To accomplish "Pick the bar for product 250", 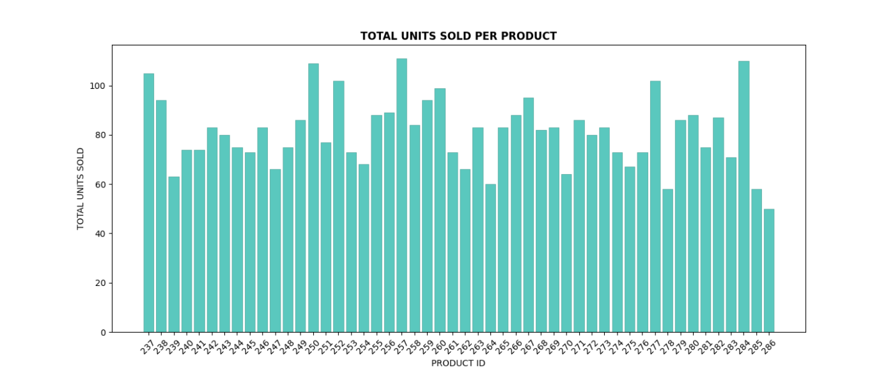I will [313, 198].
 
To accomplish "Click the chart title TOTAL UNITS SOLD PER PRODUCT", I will [458, 36].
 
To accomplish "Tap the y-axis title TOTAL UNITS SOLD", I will [81, 189].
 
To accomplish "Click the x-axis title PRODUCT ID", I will [458, 363].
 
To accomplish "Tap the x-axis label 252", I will [338, 346].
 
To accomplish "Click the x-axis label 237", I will [148, 346].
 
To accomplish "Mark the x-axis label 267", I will [527, 346].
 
